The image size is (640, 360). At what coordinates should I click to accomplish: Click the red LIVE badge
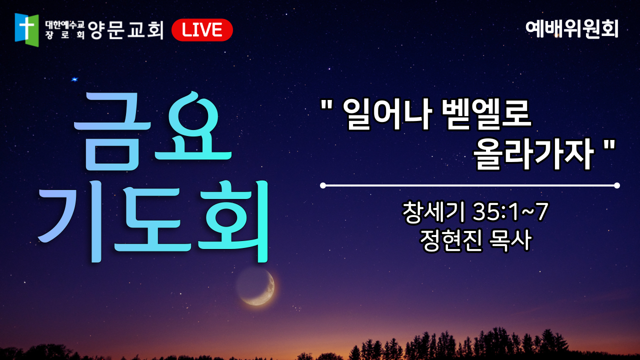[x=202, y=30]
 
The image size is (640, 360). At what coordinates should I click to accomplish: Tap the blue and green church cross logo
[x=26, y=29]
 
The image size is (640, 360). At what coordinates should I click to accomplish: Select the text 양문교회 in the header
[x=125, y=29]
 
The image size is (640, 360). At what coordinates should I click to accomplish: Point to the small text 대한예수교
[x=65, y=25]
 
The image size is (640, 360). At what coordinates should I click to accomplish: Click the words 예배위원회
[x=572, y=29]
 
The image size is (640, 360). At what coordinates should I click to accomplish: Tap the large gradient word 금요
[x=152, y=131]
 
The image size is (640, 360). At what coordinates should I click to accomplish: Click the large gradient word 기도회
[x=153, y=221]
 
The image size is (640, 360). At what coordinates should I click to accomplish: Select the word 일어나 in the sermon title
[x=387, y=115]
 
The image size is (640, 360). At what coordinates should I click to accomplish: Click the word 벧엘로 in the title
[x=485, y=115]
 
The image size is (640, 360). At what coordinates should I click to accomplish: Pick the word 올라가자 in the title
[x=533, y=154]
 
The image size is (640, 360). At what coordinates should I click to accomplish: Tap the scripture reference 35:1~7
[x=510, y=212]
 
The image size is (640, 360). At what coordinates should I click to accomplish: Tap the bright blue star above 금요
[x=74, y=79]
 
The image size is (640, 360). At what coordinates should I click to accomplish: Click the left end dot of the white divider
[x=323, y=185]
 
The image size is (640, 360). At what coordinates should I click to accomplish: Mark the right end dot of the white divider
[x=617, y=185]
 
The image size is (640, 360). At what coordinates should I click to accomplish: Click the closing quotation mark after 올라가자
[x=609, y=145]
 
